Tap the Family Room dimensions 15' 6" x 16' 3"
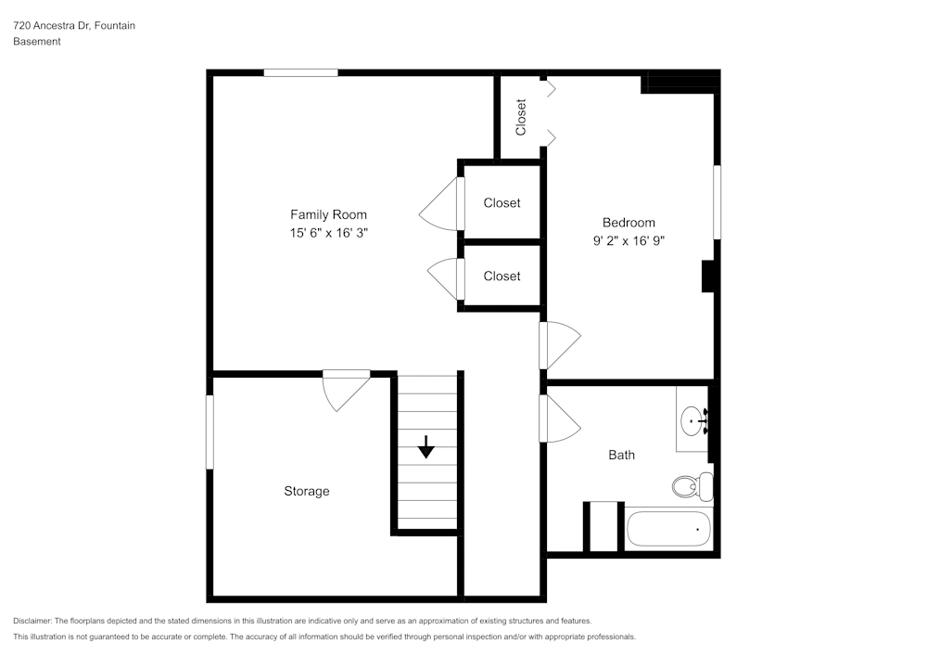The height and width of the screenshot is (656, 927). click(328, 234)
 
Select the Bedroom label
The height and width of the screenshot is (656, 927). click(629, 223)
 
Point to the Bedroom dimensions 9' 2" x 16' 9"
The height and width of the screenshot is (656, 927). click(629, 240)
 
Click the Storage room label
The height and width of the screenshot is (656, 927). click(306, 491)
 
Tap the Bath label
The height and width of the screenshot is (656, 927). click(621, 455)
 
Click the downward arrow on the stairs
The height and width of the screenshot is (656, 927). click(425, 448)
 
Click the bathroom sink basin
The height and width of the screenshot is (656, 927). click(692, 423)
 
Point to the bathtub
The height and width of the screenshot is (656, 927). click(668, 529)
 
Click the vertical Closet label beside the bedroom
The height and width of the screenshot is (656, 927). click(521, 117)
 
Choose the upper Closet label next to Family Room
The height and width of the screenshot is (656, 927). click(502, 202)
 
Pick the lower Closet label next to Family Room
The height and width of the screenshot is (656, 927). click(502, 276)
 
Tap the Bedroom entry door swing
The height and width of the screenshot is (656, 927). click(558, 345)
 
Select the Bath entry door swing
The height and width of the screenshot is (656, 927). click(558, 418)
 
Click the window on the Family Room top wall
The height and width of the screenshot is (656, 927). click(300, 72)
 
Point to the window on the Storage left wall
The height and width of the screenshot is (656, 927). click(210, 431)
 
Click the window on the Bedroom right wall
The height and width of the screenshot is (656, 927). click(717, 202)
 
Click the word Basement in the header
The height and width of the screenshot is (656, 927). click(37, 42)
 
